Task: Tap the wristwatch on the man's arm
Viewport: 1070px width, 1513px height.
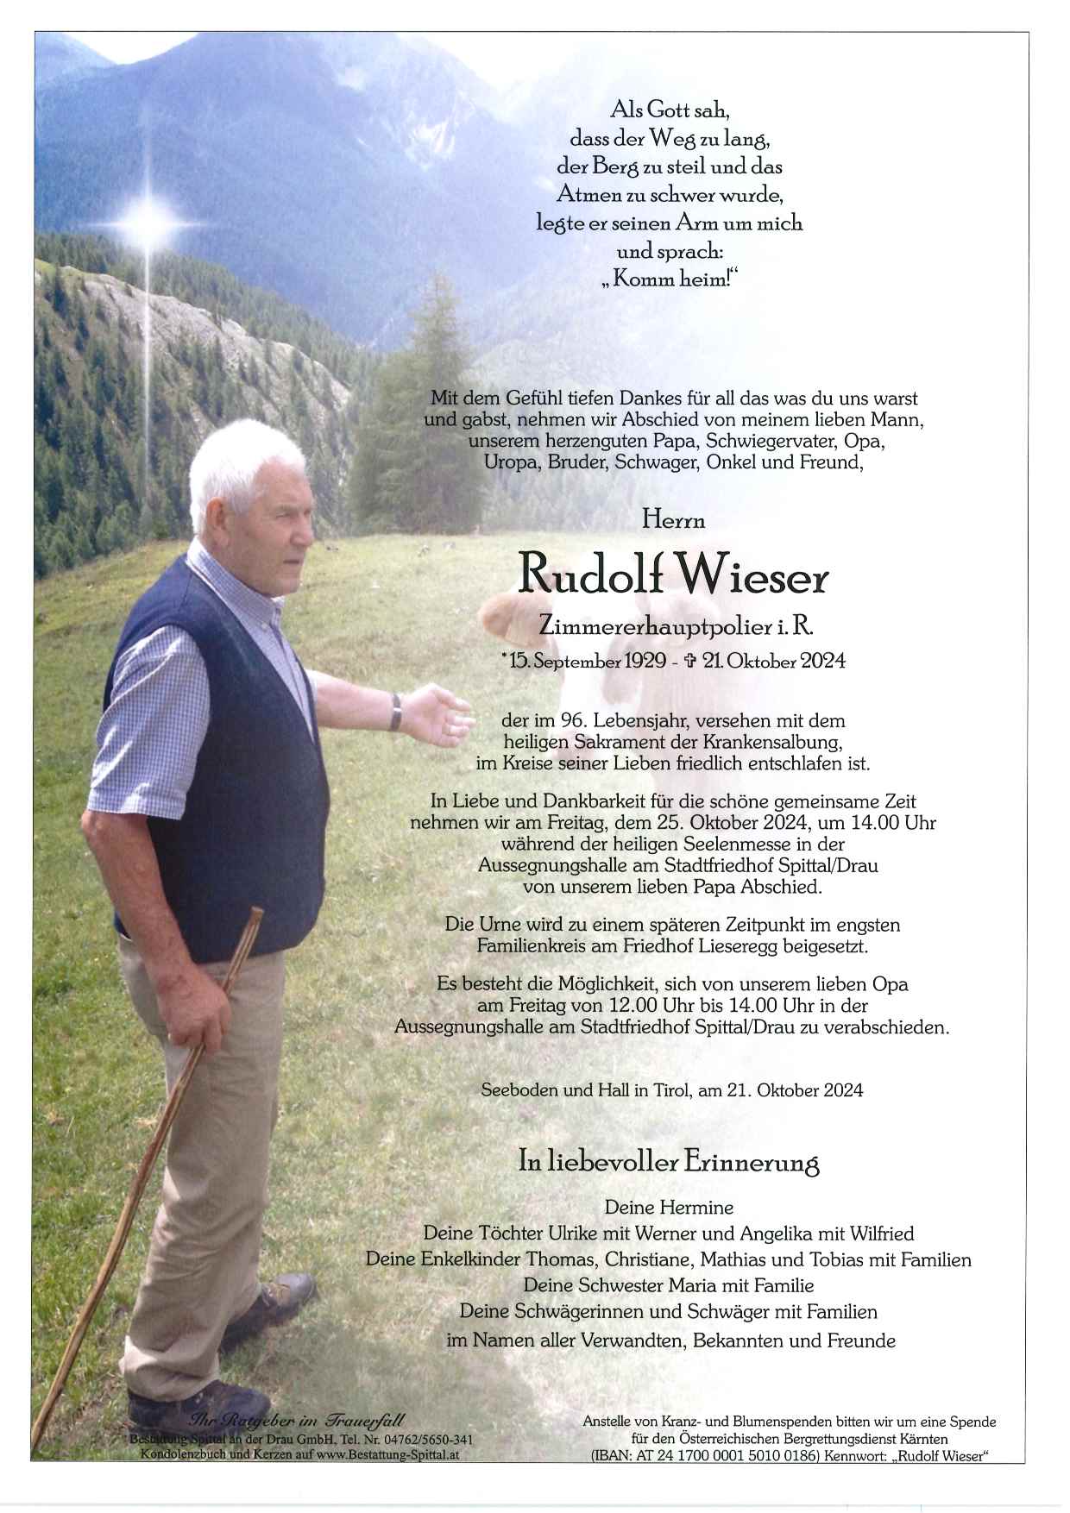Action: click(x=396, y=712)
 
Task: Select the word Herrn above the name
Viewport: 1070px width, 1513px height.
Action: click(x=673, y=520)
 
